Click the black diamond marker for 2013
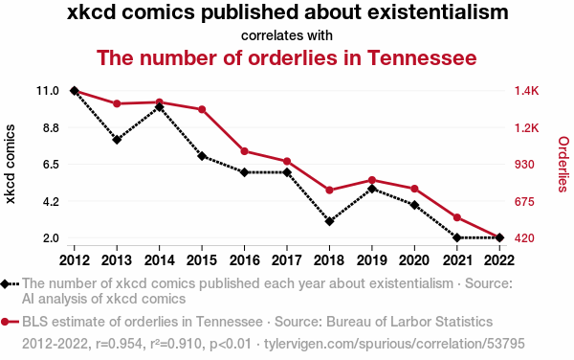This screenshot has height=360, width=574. pos(117,140)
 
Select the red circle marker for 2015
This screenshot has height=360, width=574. pos(202,109)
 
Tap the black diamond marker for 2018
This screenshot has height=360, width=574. pos(329,221)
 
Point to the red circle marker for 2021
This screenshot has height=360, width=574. pos(457,217)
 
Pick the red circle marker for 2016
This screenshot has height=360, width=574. pos(245,151)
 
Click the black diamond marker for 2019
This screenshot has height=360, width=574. pos(372,189)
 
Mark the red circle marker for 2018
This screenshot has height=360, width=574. pos(329,191)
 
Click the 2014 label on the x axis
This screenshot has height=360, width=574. pos(159,260)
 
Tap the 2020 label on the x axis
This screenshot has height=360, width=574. pos(414,260)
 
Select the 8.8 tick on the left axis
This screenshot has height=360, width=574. pos(51,128)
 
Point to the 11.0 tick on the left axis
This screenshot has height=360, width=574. pos(48,91)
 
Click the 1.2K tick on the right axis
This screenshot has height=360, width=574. pos(527,128)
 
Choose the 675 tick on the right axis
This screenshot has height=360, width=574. pos(524,202)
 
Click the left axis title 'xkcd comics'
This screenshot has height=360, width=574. pos(10,164)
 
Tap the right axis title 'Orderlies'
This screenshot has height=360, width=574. pos(563,164)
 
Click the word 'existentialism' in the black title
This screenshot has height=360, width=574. pos(438,12)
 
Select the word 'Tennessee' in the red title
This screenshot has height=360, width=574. pos(422,57)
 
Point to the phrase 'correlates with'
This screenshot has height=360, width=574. pos(287,35)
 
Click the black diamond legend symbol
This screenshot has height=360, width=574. pos(10,284)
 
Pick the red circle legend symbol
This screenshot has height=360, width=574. pos(10,322)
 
